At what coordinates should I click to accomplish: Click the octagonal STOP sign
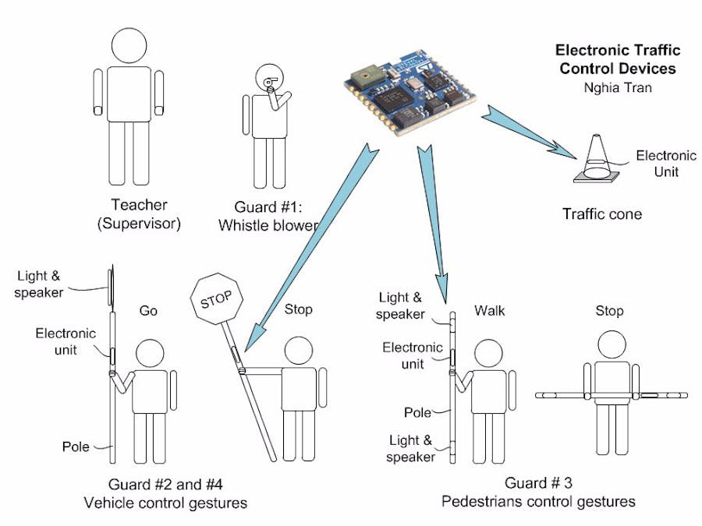(218, 301)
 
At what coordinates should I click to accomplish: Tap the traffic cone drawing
(597, 159)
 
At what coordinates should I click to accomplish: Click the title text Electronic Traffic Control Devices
(617, 59)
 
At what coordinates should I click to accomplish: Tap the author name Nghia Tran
(617, 87)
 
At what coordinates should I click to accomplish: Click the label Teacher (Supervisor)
(139, 214)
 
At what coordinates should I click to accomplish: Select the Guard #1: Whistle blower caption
(268, 217)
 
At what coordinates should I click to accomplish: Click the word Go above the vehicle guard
(148, 311)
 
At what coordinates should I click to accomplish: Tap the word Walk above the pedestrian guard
(490, 311)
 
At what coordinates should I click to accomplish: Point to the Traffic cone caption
(602, 214)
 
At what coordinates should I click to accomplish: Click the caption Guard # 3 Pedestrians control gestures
(538, 492)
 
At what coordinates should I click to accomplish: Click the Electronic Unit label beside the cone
(665, 164)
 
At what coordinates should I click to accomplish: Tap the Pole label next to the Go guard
(76, 447)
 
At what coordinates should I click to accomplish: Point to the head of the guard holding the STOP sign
(298, 351)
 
